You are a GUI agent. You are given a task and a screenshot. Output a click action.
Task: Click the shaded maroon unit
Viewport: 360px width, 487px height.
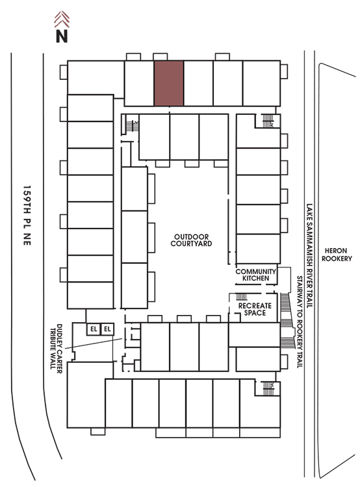coord(169,83)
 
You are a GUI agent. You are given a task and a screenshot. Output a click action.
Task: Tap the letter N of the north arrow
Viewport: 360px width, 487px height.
coord(62,36)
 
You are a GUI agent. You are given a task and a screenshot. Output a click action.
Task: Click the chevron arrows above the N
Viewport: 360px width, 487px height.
coord(62,19)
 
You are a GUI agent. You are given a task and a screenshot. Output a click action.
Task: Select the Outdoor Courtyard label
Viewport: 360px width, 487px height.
coord(191,240)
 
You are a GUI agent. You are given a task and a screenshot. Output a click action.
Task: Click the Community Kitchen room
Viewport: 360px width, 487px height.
coord(256,275)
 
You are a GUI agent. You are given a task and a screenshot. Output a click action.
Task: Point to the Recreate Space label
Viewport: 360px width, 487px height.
coord(255,309)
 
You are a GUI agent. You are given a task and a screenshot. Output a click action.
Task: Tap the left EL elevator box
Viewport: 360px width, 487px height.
coord(94,329)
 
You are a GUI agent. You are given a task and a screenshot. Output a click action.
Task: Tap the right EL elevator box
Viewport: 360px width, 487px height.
coord(107,329)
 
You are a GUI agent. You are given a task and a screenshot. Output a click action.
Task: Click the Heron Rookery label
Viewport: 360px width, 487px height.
coord(337,255)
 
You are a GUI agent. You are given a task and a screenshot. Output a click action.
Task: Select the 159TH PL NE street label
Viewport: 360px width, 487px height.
coord(27,216)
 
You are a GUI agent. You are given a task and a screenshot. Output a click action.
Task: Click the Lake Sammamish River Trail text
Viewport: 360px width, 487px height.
coord(309,256)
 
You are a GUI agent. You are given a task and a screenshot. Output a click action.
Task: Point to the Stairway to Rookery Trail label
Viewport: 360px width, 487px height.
coord(300,322)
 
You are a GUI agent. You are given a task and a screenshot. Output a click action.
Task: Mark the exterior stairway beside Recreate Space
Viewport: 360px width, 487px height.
coord(287,321)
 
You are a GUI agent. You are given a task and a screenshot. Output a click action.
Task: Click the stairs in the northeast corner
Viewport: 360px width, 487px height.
coord(268,121)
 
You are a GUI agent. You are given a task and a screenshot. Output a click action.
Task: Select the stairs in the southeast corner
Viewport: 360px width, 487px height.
coord(268,388)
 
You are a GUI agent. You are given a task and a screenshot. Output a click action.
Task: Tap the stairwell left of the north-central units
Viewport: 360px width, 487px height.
coord(132,125)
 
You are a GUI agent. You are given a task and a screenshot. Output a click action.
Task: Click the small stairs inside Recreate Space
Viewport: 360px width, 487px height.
coord(242,297)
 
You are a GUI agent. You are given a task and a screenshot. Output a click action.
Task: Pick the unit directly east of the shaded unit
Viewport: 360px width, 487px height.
coord(198,83)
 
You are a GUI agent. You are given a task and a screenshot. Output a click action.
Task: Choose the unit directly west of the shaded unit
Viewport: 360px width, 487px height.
coord(139,83)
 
